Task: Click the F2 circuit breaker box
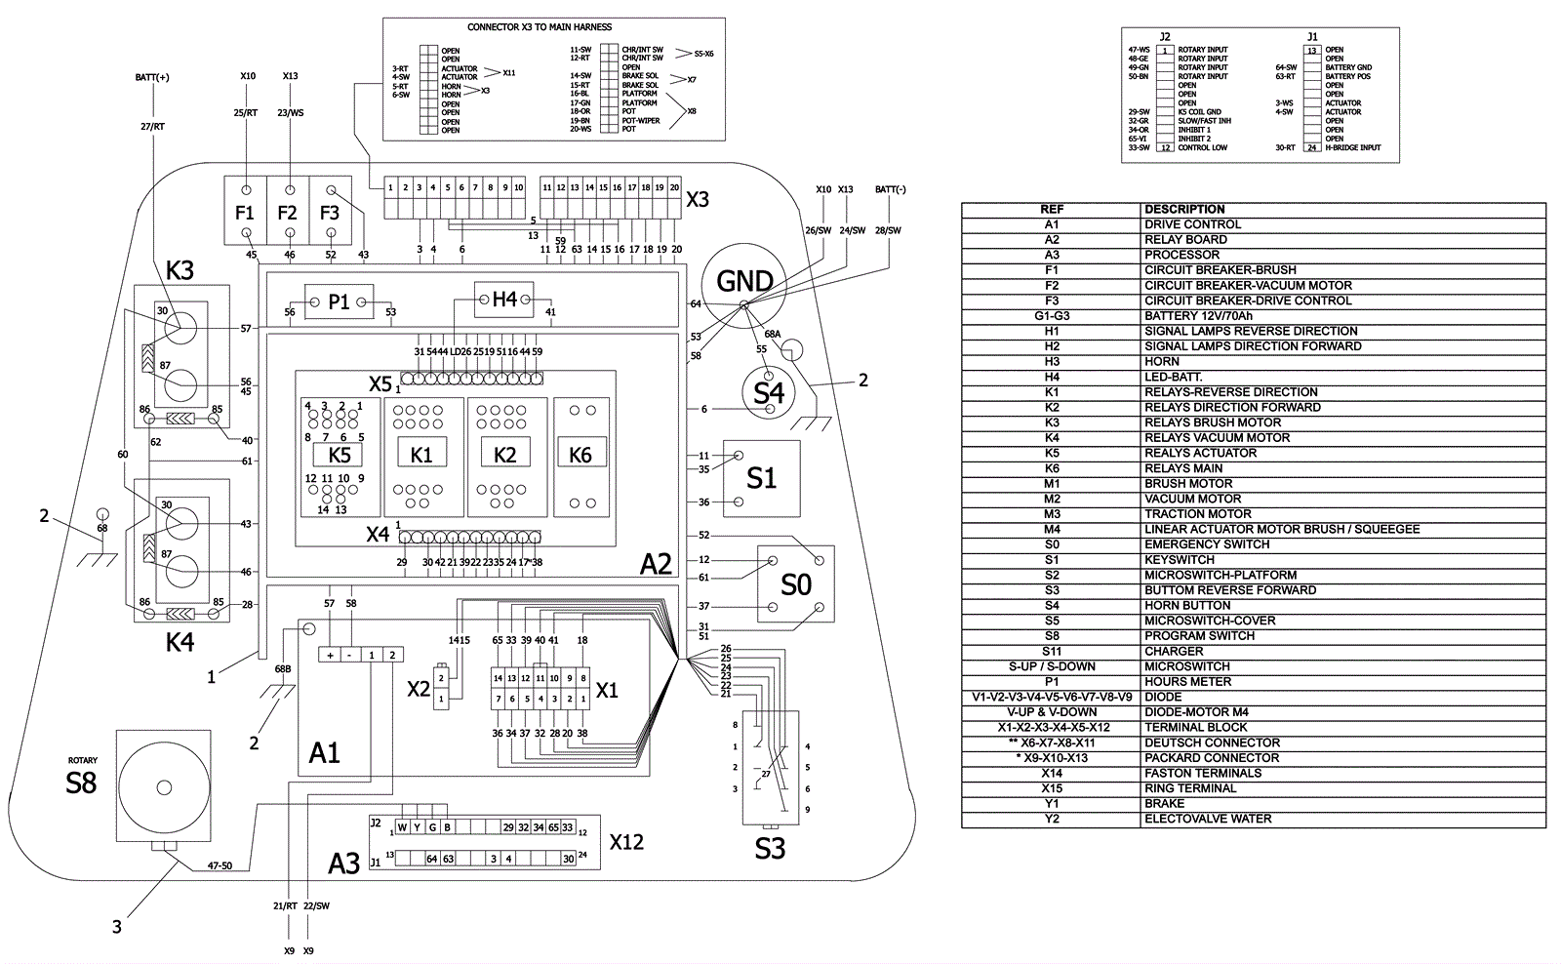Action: tap(288, 211)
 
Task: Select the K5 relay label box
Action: tap(339, 455)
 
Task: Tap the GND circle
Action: tap(744, 282)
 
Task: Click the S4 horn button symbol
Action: tap(769, 392)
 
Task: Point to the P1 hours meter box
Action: tap(339, 302)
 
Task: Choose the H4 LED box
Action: tap(503, 299)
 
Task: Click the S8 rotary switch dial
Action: tap(163, 784)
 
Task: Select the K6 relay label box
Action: tap(580, 455)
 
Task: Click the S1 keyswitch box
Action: tap(761, 478)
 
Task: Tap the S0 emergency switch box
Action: tap(796, 583)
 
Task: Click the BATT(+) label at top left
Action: tap(152, 77)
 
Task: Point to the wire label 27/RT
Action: tap(153, 125)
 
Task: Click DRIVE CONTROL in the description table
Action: tap(1192, 224)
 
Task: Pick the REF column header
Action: tap(1052, 209)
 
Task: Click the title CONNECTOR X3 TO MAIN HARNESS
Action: tap(540, 27)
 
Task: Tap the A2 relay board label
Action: tap(656, 564)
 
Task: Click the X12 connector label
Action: tap(626, 841)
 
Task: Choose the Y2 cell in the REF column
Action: tap(1052, 819)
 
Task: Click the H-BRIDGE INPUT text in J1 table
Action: tap(1353, 147)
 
